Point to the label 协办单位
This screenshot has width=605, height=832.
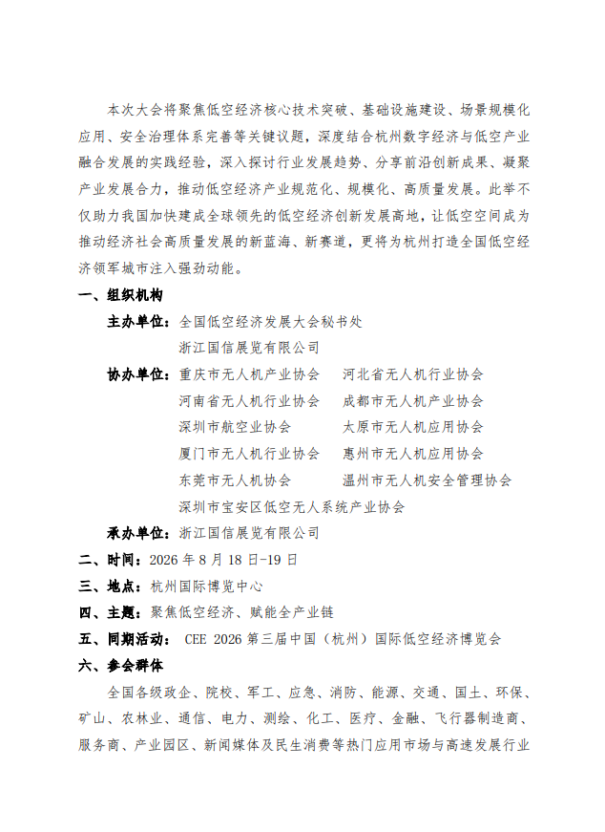click(137, 374)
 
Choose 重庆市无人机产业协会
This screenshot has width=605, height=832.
click(249, 374)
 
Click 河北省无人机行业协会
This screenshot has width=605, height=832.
click(413, 374)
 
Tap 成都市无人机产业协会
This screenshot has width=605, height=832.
click(413, 401)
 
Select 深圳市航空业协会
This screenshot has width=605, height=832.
click(235, 427)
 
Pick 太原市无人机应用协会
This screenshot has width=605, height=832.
click(413, 427)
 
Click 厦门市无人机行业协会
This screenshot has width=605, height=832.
click(249, 454)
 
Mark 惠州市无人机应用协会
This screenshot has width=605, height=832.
click(413, 454)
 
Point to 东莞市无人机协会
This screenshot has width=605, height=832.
click(235, 480)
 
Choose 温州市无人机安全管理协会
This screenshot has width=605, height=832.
click(427, 480)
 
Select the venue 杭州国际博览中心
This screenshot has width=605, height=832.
click(206, 586)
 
